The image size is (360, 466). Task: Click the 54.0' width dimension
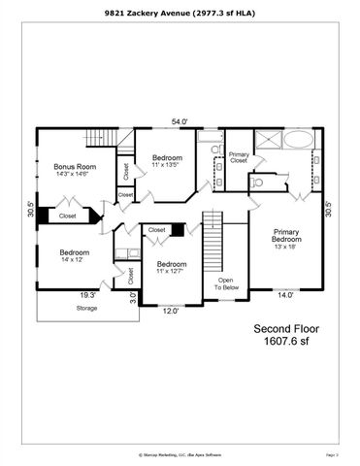click(180, 121)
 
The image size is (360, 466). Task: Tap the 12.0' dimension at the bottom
click(170, 312)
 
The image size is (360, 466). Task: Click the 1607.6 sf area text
click(286, 342)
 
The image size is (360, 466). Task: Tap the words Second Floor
click(286, 327)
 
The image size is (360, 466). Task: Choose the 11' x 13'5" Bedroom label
click(169, 160)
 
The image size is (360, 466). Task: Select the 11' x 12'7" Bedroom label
click(171, 267)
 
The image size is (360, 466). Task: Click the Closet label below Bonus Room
click(67, 216)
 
